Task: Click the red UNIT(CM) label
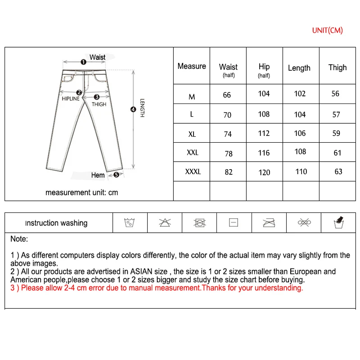pyautogui.click(x=327, y=30)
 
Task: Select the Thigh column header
pyautogui.click(x=337, y=67)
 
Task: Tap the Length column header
pyautogui.click(x=299, y=68)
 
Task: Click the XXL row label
pyautogui.click(x=192, y=153)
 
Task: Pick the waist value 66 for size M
pyautogui.click(x=227, y=95)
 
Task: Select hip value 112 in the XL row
pyautogui.click(x=264, y=133)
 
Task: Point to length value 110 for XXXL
pyautogui.click(x=301, y=171)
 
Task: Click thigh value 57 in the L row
pyautogui.click(x=337, y=114)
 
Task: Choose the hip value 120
pyautogui.click(x=264, y=172)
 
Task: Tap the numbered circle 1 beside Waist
pyautogui.click(x=83, y=62)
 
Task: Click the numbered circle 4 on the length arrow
pyautogui.click(x=133, y=108)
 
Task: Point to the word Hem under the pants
pyautogui.click(x=98, y=175)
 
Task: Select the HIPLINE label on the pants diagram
pyautogui.click(x=71, y=99)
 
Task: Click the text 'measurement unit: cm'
pyautogui.click(x=81, y=192)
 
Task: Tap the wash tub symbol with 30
pyautogui.click(x=130, y=222)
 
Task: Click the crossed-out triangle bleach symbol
pyautogui.click(x=165, y=222)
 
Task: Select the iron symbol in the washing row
pyautogui.click(x=269, y=222)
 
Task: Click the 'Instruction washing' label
pyautogui.click(x=56, y=223)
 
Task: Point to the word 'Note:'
pyautogui.click(x=19, y=239)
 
